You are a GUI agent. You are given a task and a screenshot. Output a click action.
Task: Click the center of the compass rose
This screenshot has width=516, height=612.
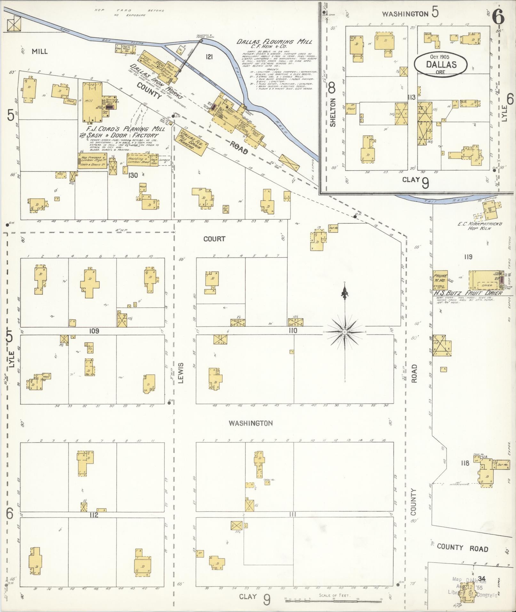345,332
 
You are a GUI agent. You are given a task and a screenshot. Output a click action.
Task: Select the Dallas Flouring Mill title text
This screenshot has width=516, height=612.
274,42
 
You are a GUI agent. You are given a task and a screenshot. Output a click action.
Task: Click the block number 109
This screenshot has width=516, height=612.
94,331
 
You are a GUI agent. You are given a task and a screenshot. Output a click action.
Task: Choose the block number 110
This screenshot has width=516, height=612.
292,330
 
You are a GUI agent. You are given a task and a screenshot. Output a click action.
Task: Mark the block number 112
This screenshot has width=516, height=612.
94,515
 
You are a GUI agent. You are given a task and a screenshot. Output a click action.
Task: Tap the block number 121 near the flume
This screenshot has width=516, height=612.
209,57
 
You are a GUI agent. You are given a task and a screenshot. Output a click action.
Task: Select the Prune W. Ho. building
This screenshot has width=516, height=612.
440,278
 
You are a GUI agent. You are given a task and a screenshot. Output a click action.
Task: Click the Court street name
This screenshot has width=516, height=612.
214,239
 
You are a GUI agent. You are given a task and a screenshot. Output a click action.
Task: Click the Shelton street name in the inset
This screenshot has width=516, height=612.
333,112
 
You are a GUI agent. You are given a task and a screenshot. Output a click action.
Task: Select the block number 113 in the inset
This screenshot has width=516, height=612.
411,97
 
